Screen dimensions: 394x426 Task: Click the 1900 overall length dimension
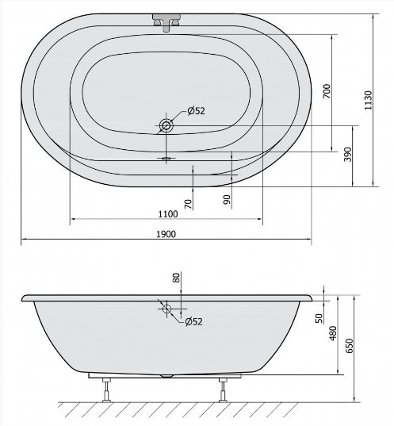pos(166,234)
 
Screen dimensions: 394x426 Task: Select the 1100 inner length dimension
pos(168,214)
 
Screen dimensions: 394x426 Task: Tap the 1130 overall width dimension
pos(368,100)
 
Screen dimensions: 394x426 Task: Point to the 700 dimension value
pos(327,91)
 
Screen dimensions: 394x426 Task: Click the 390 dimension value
pos(348,155)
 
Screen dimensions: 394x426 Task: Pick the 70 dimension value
pos(188,204)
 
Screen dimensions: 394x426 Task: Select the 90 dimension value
pos(227,199)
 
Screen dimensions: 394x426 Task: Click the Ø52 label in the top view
pos(196,110)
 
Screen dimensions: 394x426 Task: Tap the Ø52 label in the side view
pos(194,321)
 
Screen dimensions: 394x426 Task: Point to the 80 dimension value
pos(177,278)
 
